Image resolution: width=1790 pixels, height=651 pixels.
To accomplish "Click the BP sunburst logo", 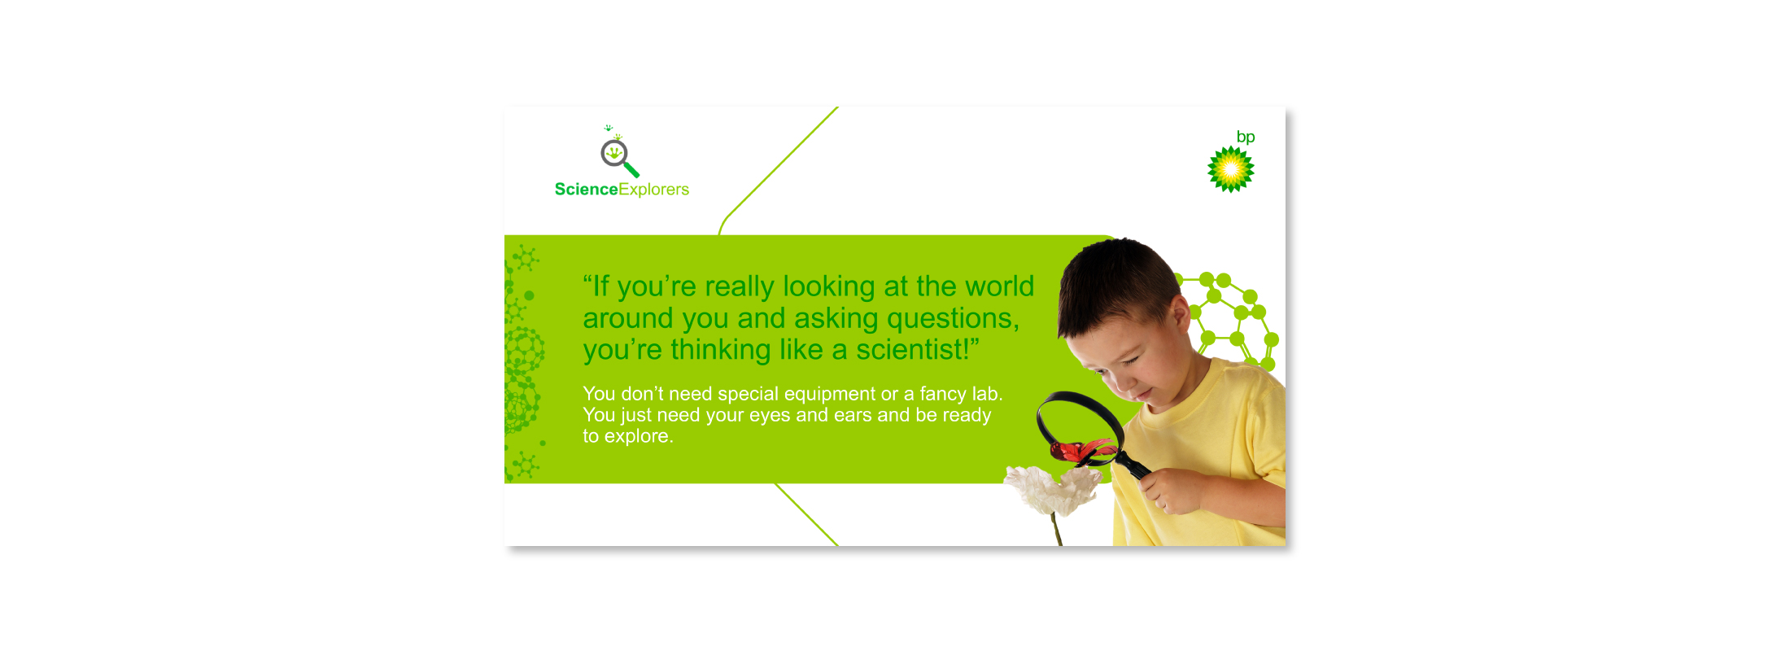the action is click(x=1231, y=169).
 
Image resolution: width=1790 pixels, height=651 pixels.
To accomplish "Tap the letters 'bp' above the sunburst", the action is click(x=1246, y=138).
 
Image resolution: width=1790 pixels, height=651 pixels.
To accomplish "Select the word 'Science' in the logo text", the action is click(x=587, y=190).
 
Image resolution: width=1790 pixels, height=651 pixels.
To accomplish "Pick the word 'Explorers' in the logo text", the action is click(x=654, y=190).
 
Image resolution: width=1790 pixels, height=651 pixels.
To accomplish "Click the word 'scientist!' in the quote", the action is click(x=917, y=350).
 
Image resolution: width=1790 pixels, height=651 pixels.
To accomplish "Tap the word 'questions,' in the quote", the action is click(x=953, y=319).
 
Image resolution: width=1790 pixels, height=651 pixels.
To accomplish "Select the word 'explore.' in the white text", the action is click(x=639, y=437).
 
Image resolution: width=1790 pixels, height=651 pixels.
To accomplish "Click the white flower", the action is click(x=1052, y=490).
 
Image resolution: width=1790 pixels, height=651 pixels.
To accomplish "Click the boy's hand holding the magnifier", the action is click(x=1172, y=491).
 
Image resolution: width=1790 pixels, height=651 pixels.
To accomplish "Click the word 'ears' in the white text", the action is click(x=853, y=416).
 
